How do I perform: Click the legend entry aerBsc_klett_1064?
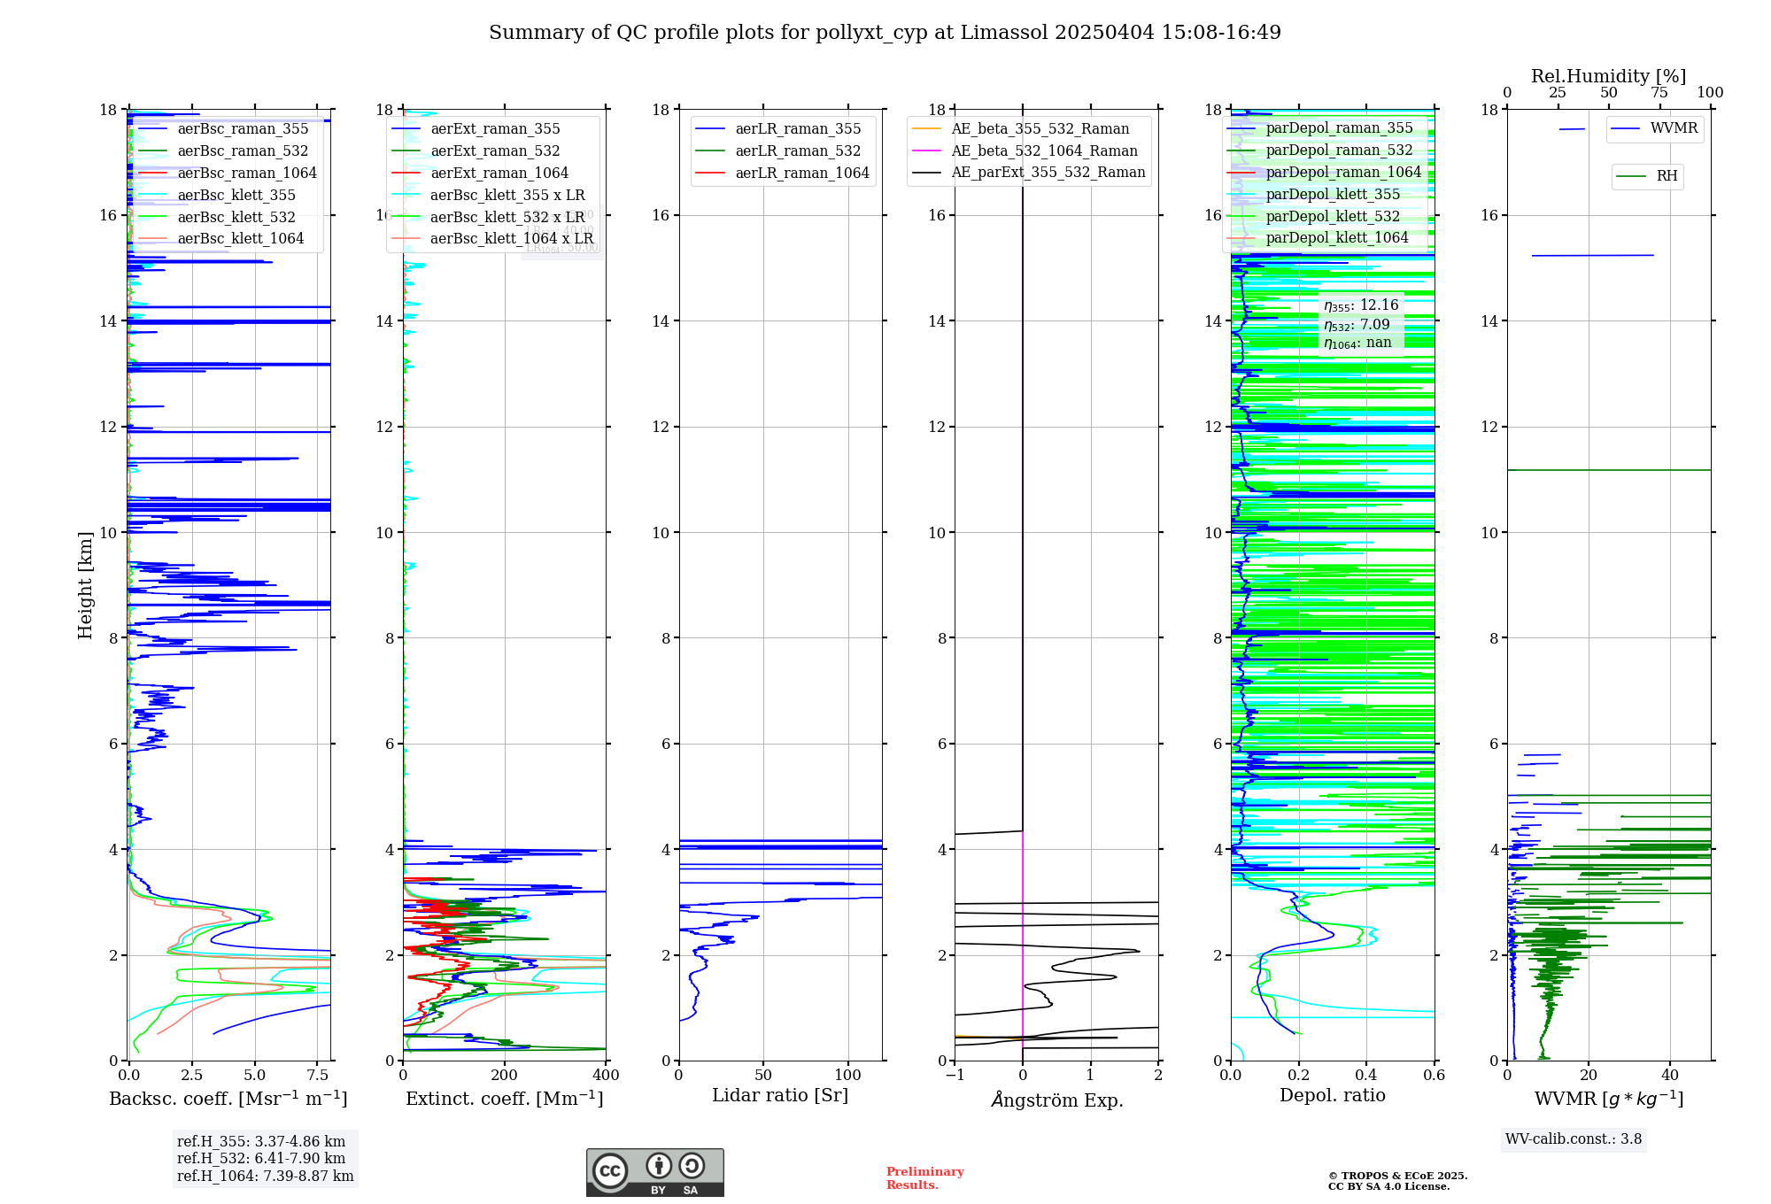(240, 239)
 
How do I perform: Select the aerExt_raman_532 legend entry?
(495, 151)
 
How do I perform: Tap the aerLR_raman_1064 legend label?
(802, 174)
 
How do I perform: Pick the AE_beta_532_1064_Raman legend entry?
(1044, 151)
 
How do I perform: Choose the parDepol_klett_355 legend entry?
(1333, 195)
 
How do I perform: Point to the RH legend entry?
(1667, 177)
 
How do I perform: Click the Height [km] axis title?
(85, 585)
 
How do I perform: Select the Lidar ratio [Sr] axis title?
(780, 1096)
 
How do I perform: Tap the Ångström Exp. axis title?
(1057, 1100)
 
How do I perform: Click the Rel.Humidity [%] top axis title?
(1608, 77)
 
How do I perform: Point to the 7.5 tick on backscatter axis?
(317, 1076)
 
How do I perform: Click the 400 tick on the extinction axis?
(606, 1076)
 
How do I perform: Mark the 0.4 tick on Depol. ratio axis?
(1366, 1076)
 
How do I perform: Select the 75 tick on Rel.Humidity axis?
(1659, 93)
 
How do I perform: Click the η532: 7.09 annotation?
(1357, 325)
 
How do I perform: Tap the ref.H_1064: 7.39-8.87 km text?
(265, 1177)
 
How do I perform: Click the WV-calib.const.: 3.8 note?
(1574, 1139)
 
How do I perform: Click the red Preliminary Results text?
(924, 1178)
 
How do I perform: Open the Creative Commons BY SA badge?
(654, 1172)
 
